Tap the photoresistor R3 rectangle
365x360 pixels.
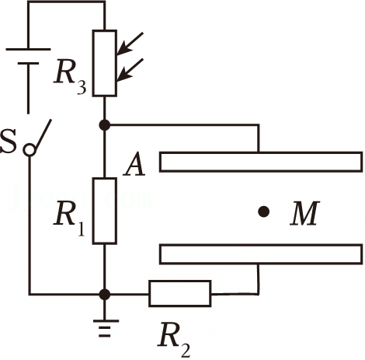click(105, 63)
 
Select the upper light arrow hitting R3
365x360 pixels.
click(130, 44)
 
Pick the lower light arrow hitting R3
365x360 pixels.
click(130, 70)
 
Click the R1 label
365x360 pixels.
click(69, 220)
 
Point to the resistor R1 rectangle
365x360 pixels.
click(105, 211)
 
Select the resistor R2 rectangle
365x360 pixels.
click(180, 293)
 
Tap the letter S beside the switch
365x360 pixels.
click(9, 142)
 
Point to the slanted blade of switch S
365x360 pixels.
click(43, 134)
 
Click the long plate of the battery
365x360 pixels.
click(28, 49)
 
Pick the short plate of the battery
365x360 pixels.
click(28, 63)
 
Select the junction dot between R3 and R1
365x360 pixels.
click(105, 125)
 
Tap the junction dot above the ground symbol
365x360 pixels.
click(105, 295)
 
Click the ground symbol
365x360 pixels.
click(105, 328)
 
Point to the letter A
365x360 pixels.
click(134, 166)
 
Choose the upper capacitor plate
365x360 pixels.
click(261, 162)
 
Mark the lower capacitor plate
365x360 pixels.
click(261, 254)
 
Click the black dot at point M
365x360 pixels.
click(264, 211)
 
